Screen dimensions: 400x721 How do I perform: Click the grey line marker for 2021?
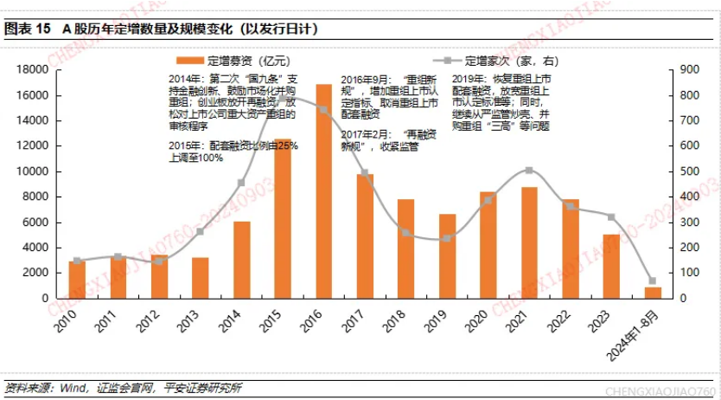[529, 171]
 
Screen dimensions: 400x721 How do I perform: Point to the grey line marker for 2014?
[241, 183]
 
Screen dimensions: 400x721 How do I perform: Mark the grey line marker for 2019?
[446, 238]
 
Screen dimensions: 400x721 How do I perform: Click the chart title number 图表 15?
[29, 29]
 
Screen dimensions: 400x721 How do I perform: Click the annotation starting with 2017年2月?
[380, 140]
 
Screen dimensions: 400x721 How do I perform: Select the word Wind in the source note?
[73, 387]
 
